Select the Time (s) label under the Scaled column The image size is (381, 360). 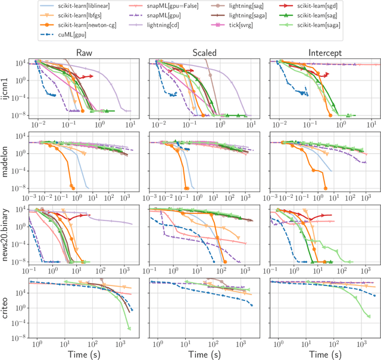202,353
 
